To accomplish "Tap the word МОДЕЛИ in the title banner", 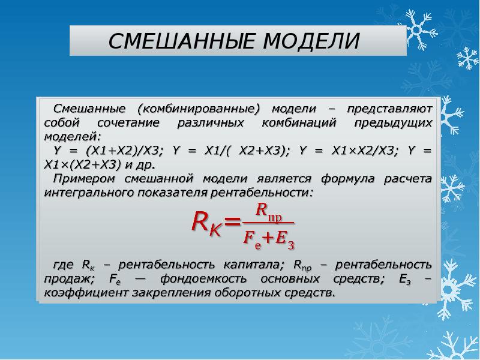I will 312,41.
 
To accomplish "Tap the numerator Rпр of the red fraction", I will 268,211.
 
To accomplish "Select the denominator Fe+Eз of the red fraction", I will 268,239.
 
